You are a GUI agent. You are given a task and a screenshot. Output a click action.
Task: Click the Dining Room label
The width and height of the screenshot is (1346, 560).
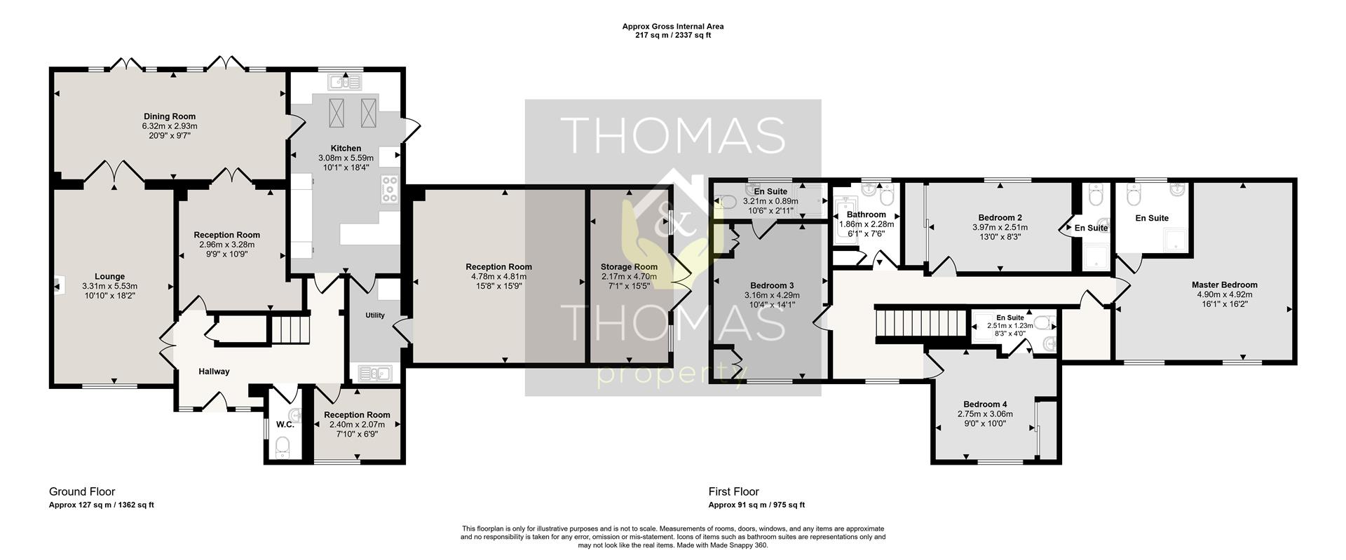[170, 116]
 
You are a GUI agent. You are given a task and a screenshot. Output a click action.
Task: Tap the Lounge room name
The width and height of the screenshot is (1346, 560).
[110, 277]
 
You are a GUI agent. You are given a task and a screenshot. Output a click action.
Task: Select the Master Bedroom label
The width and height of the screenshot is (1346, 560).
[1224, 285]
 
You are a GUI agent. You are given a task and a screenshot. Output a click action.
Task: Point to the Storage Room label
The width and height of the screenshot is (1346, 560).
[629, 267]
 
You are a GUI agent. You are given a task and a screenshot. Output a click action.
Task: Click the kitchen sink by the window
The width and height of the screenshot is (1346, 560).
[345, 83]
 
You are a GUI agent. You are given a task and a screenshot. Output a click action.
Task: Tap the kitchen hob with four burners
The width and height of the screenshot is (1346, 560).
[390, 189]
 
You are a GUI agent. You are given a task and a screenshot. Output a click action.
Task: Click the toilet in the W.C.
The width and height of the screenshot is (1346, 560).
[283, 446]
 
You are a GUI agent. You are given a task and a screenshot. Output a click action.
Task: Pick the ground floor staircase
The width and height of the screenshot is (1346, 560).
[290, 329]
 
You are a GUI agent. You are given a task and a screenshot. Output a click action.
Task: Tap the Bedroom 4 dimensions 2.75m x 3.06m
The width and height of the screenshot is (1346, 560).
[985, 414]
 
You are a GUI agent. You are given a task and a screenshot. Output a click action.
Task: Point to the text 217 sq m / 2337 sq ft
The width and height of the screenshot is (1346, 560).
[673, 35]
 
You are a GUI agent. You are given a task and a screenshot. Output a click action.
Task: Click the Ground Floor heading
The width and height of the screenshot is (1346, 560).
[82, 492]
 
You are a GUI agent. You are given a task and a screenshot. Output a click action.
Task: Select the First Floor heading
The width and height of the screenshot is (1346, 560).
[734, 492]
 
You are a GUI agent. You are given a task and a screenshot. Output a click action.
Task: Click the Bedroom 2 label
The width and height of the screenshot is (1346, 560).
[1000, 218]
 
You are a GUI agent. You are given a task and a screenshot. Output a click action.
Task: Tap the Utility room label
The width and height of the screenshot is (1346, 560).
[375, 315]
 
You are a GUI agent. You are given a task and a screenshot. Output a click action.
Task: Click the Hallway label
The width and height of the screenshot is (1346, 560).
[214, 371]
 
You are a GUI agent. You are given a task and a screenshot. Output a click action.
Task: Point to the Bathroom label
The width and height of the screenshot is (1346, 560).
[866, 215]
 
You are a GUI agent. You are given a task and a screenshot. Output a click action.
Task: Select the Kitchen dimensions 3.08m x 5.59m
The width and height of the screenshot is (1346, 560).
[346, 158]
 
